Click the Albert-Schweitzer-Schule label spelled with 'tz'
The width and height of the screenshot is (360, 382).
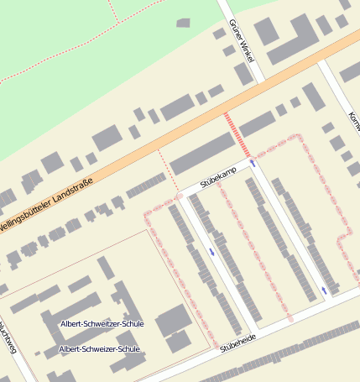pos(102,323)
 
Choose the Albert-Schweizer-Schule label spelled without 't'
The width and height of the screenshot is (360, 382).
pos(99,348)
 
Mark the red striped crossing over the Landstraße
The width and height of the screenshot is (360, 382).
pos(236,132)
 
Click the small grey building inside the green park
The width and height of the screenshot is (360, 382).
pos(183,23)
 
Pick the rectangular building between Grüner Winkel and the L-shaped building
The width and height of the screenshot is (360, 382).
pos(266,31)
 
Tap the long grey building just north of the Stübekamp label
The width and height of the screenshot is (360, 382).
pos(202,154)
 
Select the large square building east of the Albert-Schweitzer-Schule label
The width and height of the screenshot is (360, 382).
pos(173,321)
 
